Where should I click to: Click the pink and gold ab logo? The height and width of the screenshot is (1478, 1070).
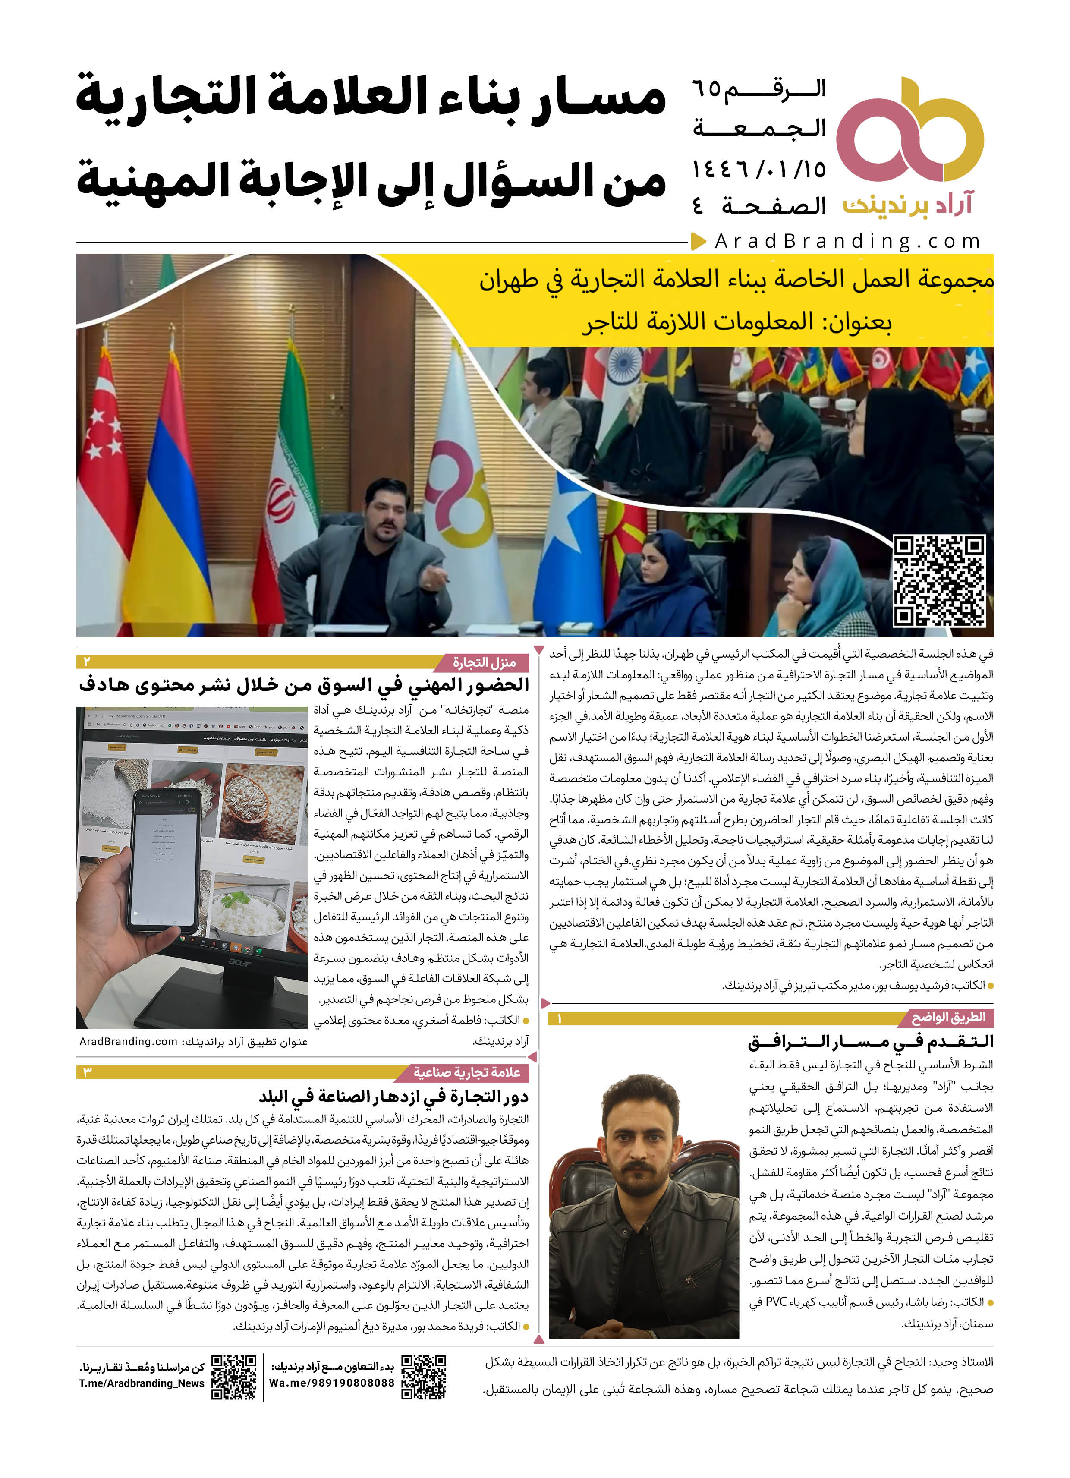[x=909, y=130]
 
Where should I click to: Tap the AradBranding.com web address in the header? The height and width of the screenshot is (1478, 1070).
[x=847, y=242]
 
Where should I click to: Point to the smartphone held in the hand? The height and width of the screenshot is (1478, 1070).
[x=166, y=860]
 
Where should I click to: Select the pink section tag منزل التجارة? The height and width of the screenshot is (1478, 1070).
[x=484, y=663]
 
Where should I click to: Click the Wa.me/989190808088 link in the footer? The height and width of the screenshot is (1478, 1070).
[x=332, y=1383]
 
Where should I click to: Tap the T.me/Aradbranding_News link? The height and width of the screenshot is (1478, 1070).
[x=142, y=1383]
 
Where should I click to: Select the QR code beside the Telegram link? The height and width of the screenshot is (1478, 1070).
[x=234, y=1376]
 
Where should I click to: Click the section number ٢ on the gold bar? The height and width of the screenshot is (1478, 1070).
[x=87, y=662]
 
